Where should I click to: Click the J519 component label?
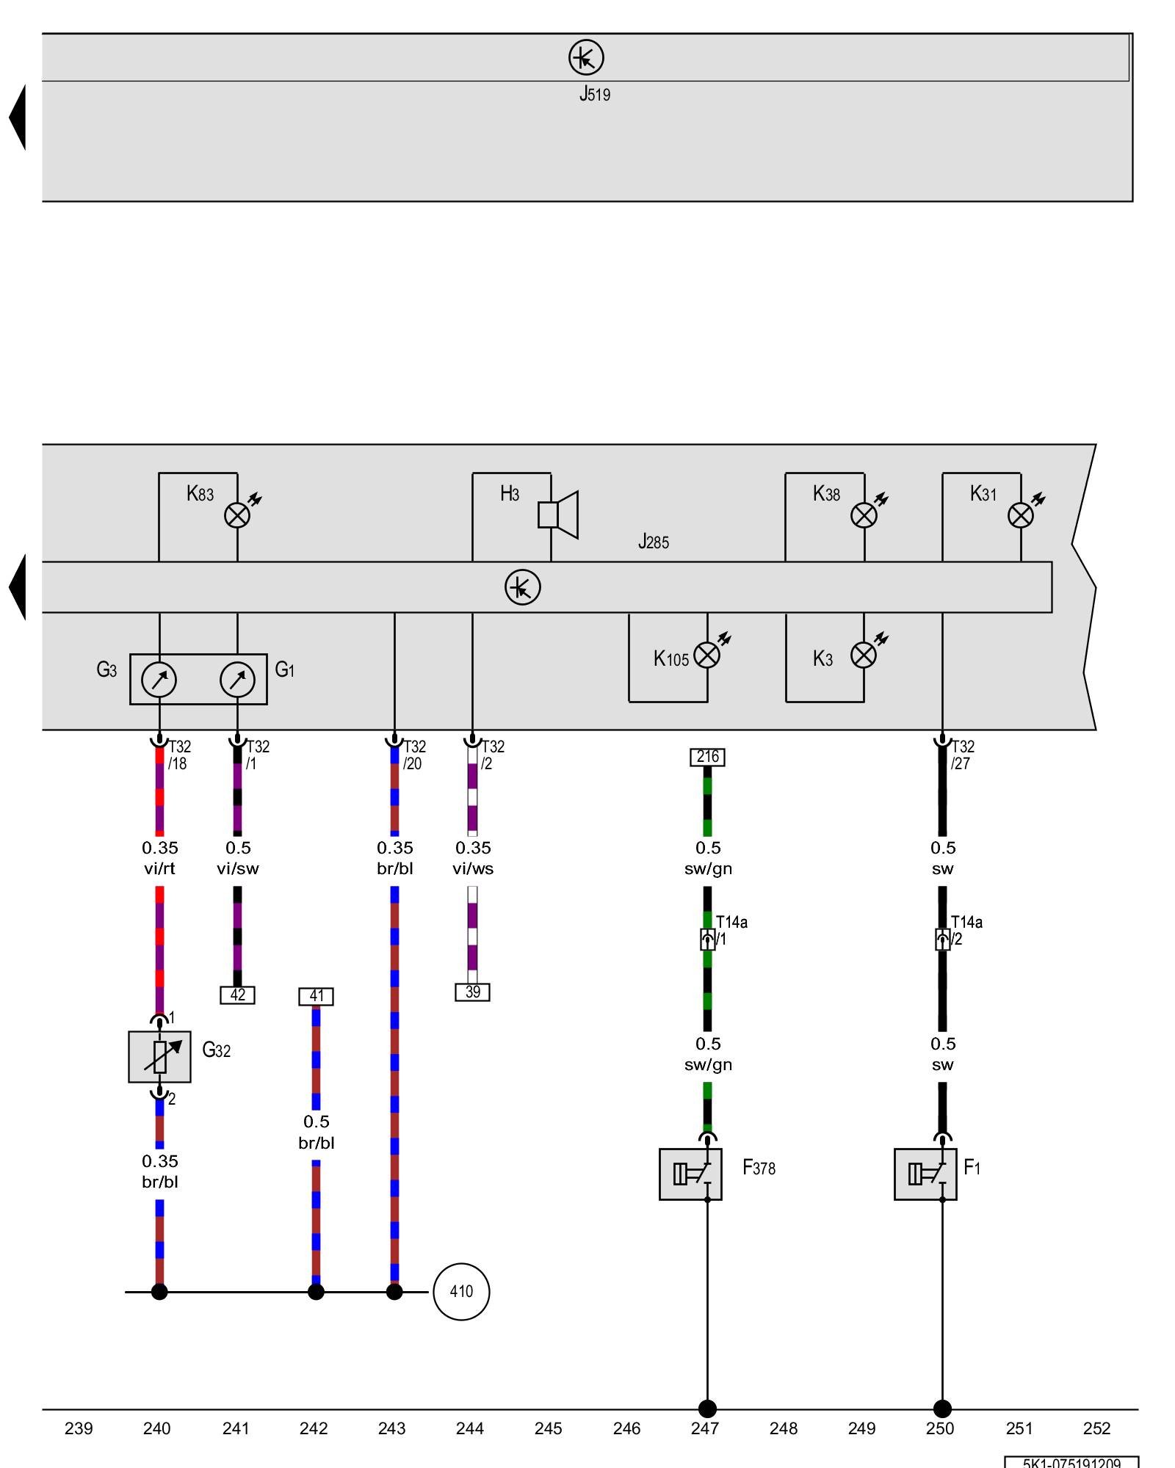click(594, 94)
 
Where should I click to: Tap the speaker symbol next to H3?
click(558, 515)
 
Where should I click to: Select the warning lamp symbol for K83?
click(237, 515)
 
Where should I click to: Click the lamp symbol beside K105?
click(707, 655)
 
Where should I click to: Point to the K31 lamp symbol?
click(1021, 515)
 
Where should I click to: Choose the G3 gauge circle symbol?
click(159, 680)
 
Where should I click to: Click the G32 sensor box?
click(159, 1056)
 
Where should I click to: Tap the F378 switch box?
click(690, 1174)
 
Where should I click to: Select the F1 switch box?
click(925, 1174)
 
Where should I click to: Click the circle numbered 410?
click(461, 1291)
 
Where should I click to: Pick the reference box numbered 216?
click(707, 757)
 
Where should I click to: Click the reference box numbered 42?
click(237, 995)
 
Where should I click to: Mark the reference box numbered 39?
click(472, 992)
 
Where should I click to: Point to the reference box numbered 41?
click(316, 996)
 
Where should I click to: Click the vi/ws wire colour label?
click(473, 869)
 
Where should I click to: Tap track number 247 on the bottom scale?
click(705, 1428)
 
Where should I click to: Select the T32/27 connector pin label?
click(962, 755)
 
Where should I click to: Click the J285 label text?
click(653, 542)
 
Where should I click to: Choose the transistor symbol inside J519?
click(586, 57)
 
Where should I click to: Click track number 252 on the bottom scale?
click(1096, 1428)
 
